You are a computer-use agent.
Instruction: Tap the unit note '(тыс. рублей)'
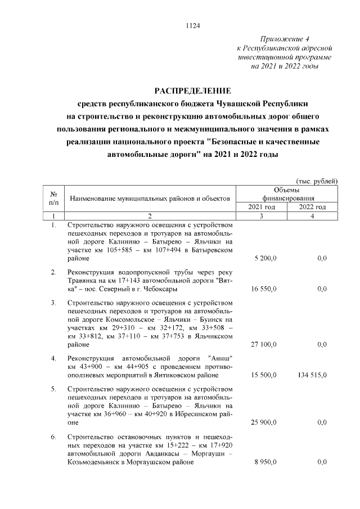coord(316,181)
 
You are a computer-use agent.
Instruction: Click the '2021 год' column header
coord(262,206)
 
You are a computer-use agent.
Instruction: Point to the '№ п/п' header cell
coord(54,198)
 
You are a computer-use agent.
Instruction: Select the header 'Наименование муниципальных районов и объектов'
coord(150,199)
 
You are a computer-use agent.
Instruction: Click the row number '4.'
coord(53,358)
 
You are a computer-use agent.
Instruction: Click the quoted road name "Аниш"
coord(220,358)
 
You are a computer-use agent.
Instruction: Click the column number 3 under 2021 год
coord(262,216)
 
